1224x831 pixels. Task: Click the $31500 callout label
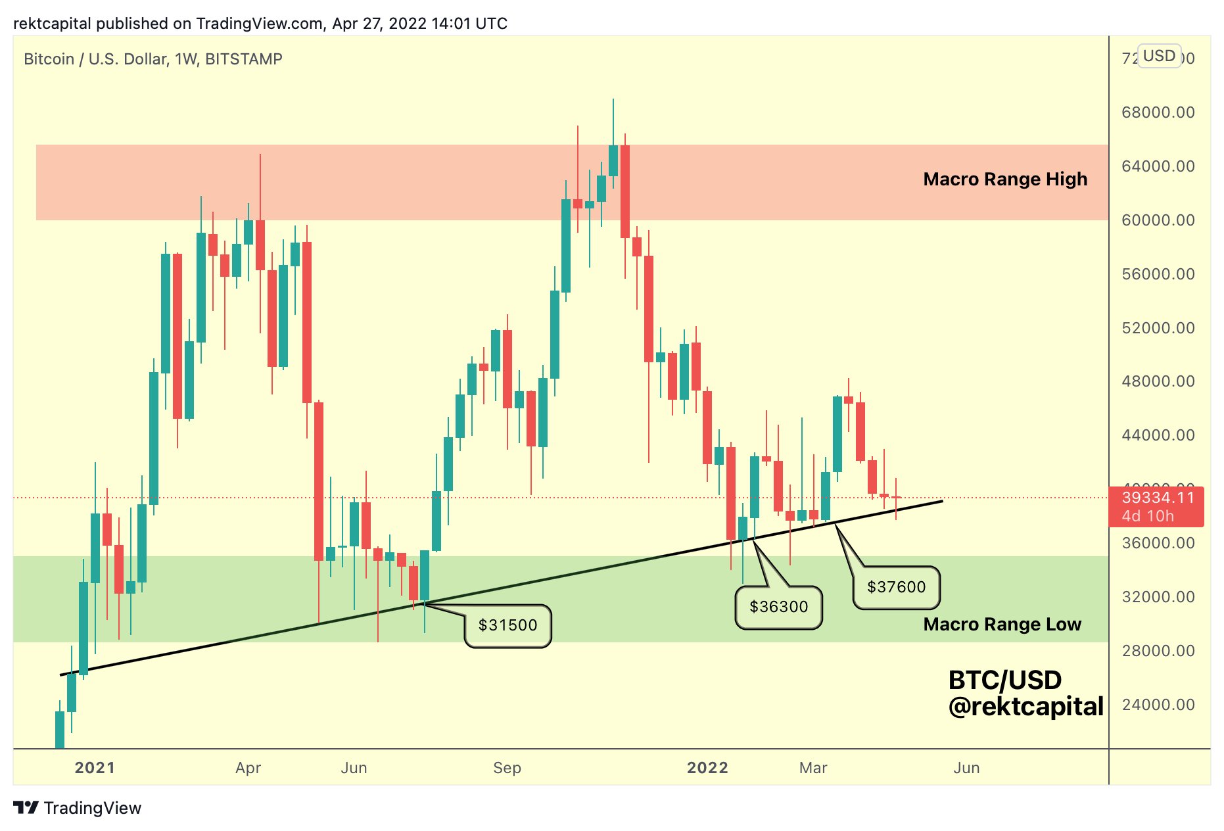pos(507,625)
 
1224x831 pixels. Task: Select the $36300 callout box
pos(778,607)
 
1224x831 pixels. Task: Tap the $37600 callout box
pos(896,587)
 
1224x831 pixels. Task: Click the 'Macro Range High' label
pos(1004,179)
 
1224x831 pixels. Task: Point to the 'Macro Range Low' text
pos(1001,625)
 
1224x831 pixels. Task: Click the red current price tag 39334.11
pos(1156,506)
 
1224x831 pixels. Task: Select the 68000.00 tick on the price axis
pos(1158,112)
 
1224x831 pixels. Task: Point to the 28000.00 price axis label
pos(1158,651)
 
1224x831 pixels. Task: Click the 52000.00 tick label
pos(1158,328)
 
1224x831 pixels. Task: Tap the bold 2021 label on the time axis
pos(95,768)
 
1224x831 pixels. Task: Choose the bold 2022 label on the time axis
pos(707,768)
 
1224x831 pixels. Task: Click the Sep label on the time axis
pos(507,768)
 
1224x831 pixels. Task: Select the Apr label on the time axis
pos(248,768)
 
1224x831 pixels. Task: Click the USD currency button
pos(1159,56)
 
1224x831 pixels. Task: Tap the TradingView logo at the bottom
pos(78,808)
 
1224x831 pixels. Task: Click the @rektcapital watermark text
pos(1025,707)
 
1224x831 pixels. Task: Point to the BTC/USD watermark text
pos(1004,680)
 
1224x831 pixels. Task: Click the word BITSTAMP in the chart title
pos(243,59)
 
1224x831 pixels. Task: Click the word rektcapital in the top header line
pos(52,24)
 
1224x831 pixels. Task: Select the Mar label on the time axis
pos(812,768)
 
